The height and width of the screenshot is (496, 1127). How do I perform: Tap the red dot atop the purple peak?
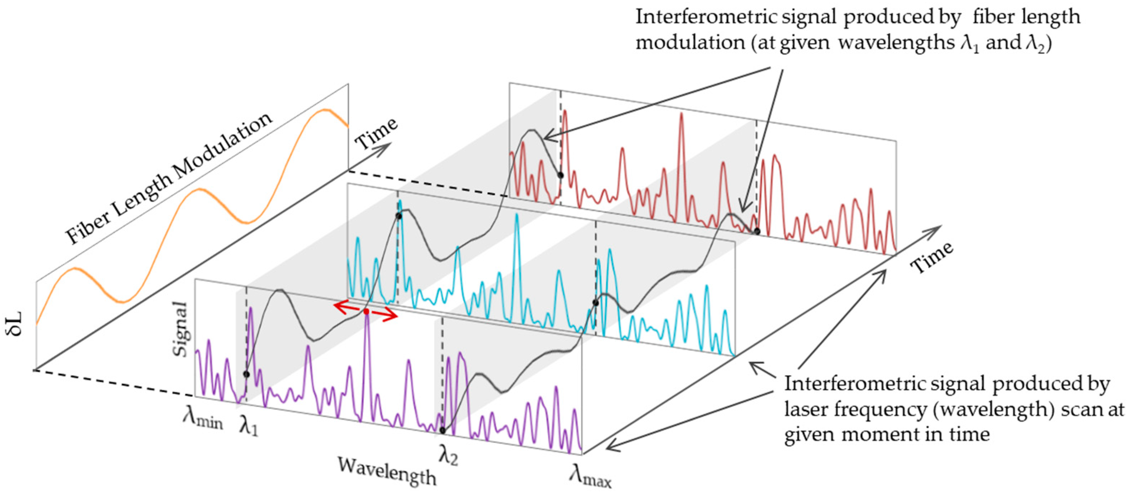366,311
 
